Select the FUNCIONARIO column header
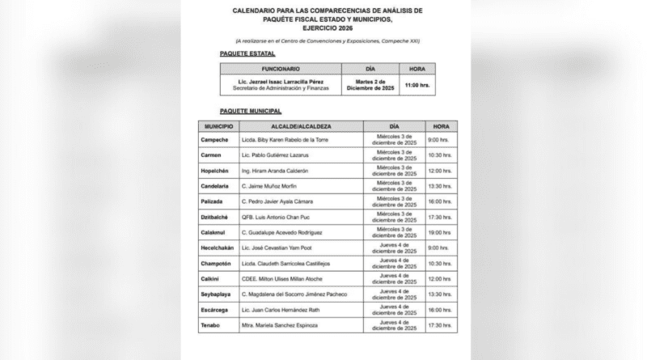[x=281, y=69]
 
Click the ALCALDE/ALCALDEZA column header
[x=300, y=127]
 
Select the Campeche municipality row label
[x=216, y=141]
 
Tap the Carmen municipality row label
[x=212, y=156]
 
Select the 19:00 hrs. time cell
[x=441, y=232]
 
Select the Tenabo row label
[x=212, y=324]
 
